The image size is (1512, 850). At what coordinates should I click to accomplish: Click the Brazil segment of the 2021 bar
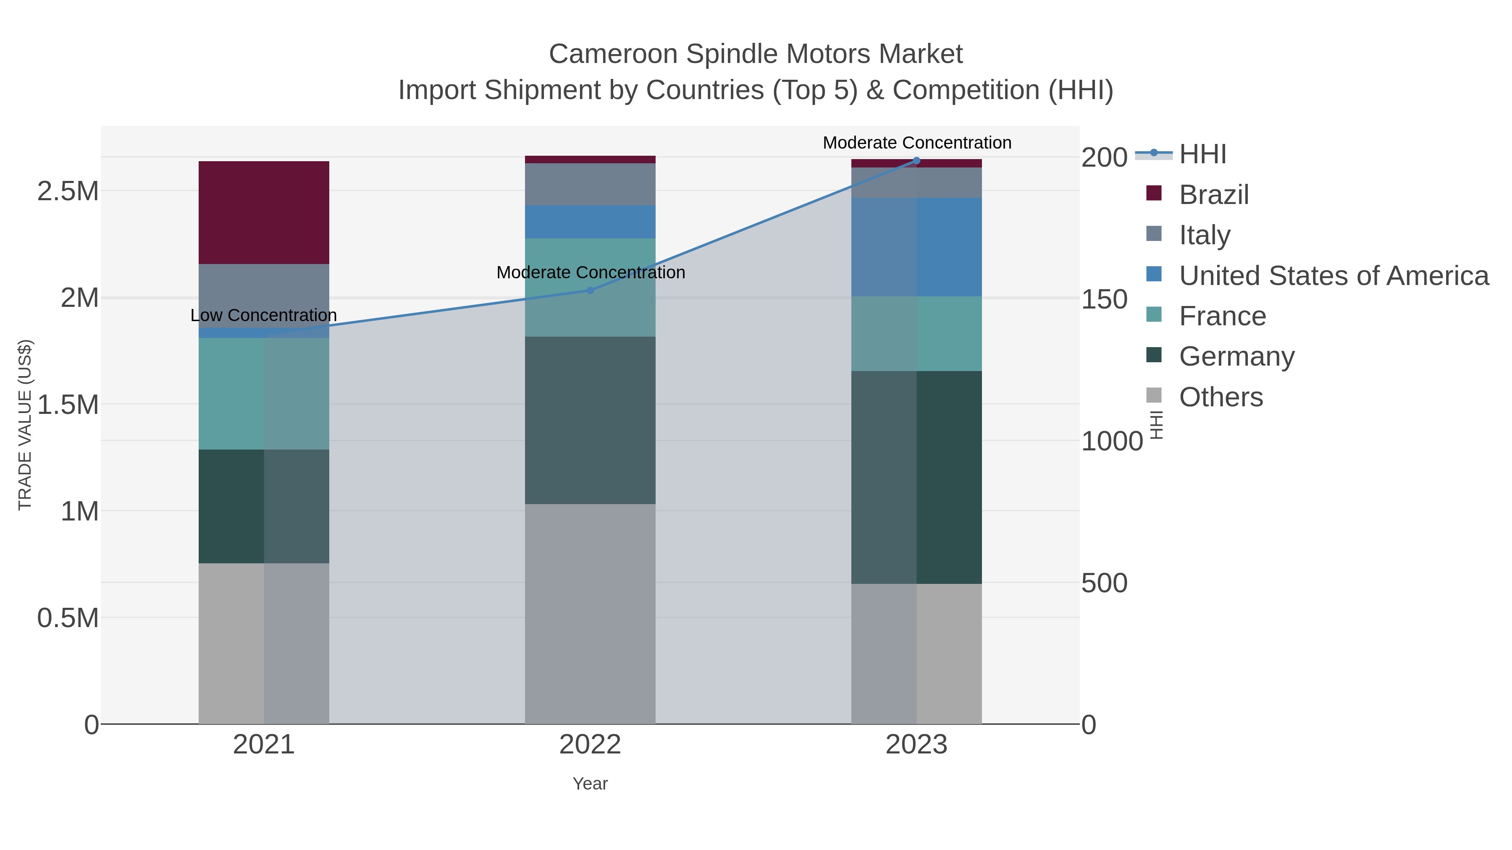[x=263, y=212]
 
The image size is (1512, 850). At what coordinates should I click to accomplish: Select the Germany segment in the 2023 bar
[x=916, y=477]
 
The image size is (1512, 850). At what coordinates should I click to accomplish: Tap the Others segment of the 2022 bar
[x=590, y=614]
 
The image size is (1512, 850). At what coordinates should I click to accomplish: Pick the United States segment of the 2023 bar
[x=916, y=247]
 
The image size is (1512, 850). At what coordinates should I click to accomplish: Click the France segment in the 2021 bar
[x=263, y=394]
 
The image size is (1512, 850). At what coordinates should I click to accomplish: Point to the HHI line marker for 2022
[x=591, y=290]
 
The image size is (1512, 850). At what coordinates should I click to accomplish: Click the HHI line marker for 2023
[x=916, y=161]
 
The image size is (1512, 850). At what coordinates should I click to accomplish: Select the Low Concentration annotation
[x=263, y=316]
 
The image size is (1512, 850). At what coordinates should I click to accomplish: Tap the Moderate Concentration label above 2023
[x=917, y=143]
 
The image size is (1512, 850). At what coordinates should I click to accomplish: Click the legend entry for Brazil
[x=1213, y=195]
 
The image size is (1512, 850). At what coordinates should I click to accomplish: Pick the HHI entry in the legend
[x=1202, y=154]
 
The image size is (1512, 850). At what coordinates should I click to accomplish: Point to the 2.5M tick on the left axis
[x=68, y=192]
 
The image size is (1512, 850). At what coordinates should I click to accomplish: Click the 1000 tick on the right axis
[x=1111, y=441]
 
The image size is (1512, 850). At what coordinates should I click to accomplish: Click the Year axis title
[x=590, y=784]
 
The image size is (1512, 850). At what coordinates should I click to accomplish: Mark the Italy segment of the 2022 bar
[x=590, y=184]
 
